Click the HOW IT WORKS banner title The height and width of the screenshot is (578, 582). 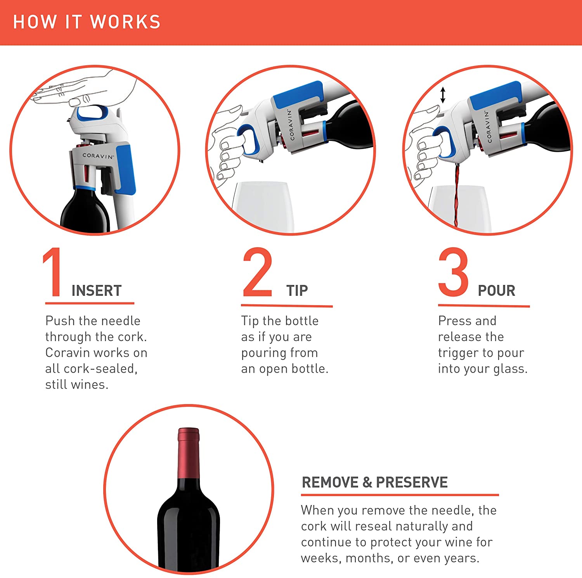coord(87,22)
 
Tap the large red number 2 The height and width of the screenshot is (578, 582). coord(257,273)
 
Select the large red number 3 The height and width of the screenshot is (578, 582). coord(453,273)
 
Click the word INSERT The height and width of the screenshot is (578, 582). coord(97,291)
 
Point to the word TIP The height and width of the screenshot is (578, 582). coord(297,291)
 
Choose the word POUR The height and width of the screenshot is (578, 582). coord(496,291)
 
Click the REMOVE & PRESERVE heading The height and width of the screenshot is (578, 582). coord(374,483)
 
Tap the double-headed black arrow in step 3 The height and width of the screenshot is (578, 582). coord(443,95)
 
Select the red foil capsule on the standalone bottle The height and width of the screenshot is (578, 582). coord(189,452)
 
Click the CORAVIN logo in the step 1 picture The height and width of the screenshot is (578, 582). coord(98,156)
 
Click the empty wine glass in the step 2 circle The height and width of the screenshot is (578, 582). coord(264,206)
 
